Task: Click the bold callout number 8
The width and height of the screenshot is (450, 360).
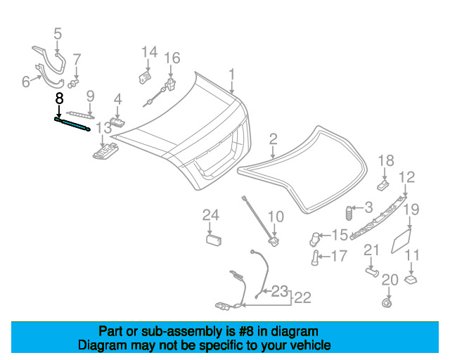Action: (59, 98)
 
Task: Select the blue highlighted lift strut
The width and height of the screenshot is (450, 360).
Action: (72, 124)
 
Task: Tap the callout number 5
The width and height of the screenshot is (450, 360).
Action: (58, 34)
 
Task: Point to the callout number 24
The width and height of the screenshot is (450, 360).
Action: (211, 215)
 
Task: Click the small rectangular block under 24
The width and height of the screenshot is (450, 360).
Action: (214, 240)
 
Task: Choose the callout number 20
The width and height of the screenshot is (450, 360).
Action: (390, 280)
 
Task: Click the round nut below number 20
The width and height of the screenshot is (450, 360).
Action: (387, 303)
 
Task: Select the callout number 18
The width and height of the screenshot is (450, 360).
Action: (386, 161)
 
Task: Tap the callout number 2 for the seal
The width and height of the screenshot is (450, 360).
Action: (274, 139)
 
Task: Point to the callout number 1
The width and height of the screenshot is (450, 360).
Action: (232, 75)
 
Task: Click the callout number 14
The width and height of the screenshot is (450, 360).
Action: (150, 52)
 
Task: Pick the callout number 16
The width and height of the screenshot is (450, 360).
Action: (172, 58)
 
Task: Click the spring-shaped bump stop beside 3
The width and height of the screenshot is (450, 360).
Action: (349, 213)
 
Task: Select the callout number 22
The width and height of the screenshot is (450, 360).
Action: (303, 297)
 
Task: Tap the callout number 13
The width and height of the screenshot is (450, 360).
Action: (103, 128)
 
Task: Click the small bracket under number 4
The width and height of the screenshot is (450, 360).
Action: (117, 122)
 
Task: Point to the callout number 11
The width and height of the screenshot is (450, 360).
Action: (412, 255)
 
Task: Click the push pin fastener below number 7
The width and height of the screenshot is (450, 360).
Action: (73, 84)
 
